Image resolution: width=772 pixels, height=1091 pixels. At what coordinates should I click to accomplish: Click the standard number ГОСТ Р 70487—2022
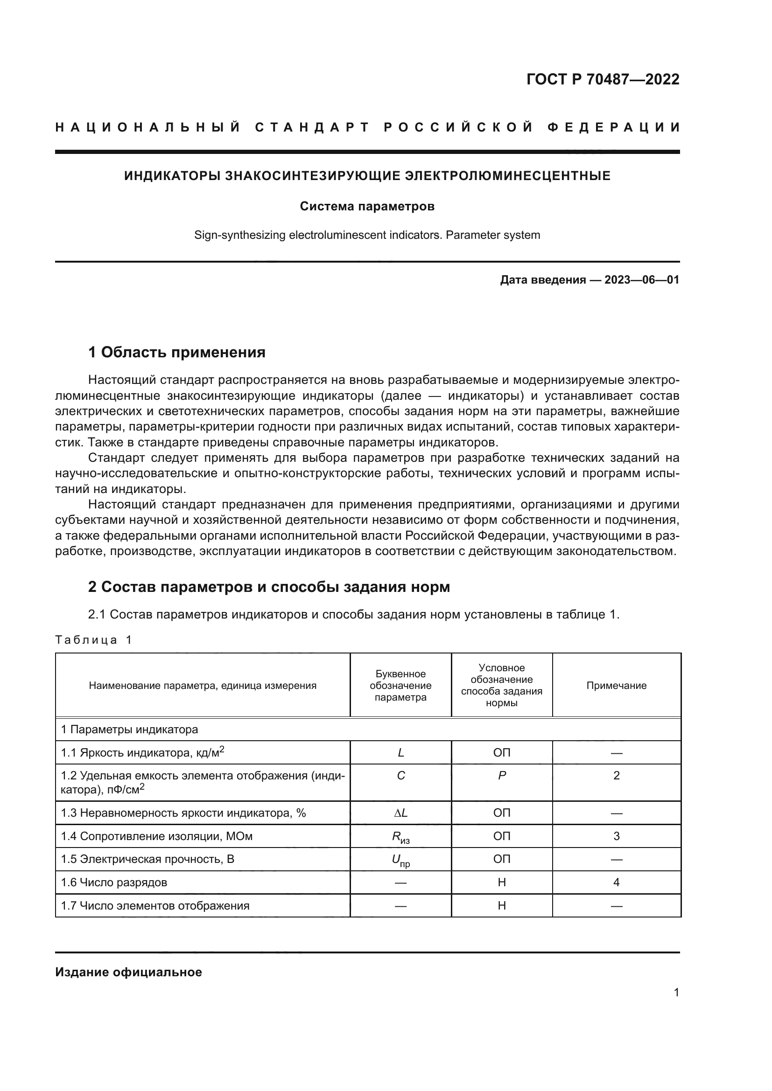coord(602,79)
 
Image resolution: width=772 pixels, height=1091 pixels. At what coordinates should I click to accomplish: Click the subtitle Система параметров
coord(367,206)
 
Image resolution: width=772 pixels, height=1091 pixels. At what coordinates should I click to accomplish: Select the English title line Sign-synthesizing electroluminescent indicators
coord(367,235)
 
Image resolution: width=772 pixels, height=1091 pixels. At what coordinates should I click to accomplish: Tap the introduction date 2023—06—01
coord(641,280)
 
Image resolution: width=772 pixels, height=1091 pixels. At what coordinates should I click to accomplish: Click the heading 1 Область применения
coord(176,353)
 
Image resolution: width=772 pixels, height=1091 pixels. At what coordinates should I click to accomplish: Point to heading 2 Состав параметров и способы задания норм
coord(268,587)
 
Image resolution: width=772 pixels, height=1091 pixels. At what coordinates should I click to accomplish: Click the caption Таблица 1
coord(93,639)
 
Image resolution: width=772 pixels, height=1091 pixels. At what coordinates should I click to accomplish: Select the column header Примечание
coord(616,685)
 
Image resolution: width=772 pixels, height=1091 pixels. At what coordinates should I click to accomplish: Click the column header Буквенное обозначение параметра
coord(400,685)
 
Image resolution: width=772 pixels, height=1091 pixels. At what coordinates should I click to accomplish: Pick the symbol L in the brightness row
coord(401,753)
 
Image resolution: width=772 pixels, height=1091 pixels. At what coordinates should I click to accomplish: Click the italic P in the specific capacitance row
coord(501,776)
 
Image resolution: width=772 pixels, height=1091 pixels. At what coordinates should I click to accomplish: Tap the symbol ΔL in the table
coord(401,813)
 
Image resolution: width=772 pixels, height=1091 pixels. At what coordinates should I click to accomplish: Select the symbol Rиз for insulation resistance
coord(401,837)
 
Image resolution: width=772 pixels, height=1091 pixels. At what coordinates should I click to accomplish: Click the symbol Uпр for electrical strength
coord(401,861)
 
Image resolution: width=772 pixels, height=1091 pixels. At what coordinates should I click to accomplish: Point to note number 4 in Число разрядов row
coord(616,883)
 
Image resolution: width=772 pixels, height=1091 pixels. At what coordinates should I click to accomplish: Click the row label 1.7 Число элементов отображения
coord(155,906)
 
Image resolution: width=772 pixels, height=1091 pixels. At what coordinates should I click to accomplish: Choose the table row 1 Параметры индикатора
coord(129,730)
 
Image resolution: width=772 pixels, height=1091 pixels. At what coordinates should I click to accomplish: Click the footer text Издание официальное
coord(128,972)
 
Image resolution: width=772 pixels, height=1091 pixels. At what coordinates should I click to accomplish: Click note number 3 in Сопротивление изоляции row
coord(616,836)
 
